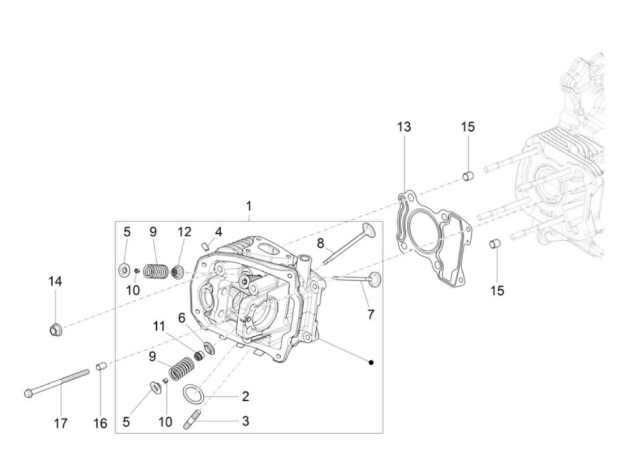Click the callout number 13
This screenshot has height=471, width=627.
tap(404, 127)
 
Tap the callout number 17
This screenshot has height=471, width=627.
tap(60, 423)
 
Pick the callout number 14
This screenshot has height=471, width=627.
tap(55, 282)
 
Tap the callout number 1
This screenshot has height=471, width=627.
tap(249, 206)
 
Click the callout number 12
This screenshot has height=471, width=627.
tap(184, 231)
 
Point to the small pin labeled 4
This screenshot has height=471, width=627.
tap(206, 245)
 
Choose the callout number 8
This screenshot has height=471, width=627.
tap(320, 243)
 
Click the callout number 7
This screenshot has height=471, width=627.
tap(370, 314)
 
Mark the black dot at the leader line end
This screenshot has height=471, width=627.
tap(371, 362)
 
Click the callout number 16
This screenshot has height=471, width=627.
tap(100, 423)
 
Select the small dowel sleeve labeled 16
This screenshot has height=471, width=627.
tap(101, 367)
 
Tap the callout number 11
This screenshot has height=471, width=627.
tap(159, 326)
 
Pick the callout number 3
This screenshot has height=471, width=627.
tap(245, 421)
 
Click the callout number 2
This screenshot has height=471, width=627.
tap(245, 396)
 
